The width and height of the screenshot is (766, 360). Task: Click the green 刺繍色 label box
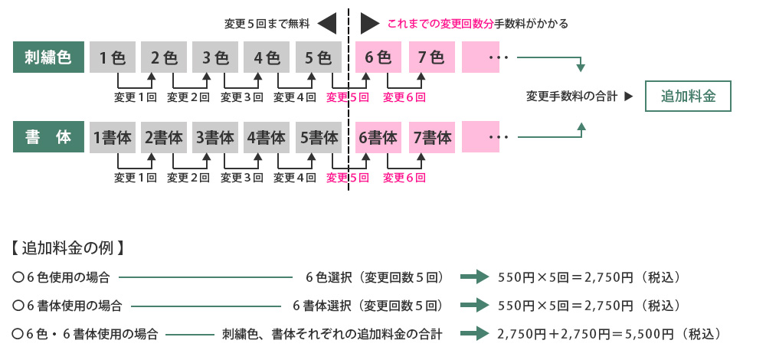pos(47,57)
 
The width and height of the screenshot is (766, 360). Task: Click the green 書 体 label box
pos(47,138)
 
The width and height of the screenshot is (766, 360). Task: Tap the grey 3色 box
pos(215,57)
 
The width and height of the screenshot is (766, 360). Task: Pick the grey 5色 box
pos(318,57)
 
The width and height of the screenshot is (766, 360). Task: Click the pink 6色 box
pos(378,57)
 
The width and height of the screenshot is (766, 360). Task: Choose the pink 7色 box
pos(431,57)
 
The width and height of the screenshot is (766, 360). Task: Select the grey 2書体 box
pos(163,138)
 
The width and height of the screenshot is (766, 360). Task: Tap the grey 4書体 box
pos(267,138)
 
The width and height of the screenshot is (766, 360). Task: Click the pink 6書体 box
pos(378,138)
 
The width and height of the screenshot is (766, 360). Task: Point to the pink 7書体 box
pos(432,138)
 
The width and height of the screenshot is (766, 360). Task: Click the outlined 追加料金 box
pos(688,97)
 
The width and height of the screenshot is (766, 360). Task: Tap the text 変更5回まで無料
pos(266,24)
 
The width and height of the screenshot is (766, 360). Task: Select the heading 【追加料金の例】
pos(68,249)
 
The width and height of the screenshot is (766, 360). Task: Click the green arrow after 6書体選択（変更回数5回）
pos(473,305)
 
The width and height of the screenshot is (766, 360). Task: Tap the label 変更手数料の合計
pos(571,97)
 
